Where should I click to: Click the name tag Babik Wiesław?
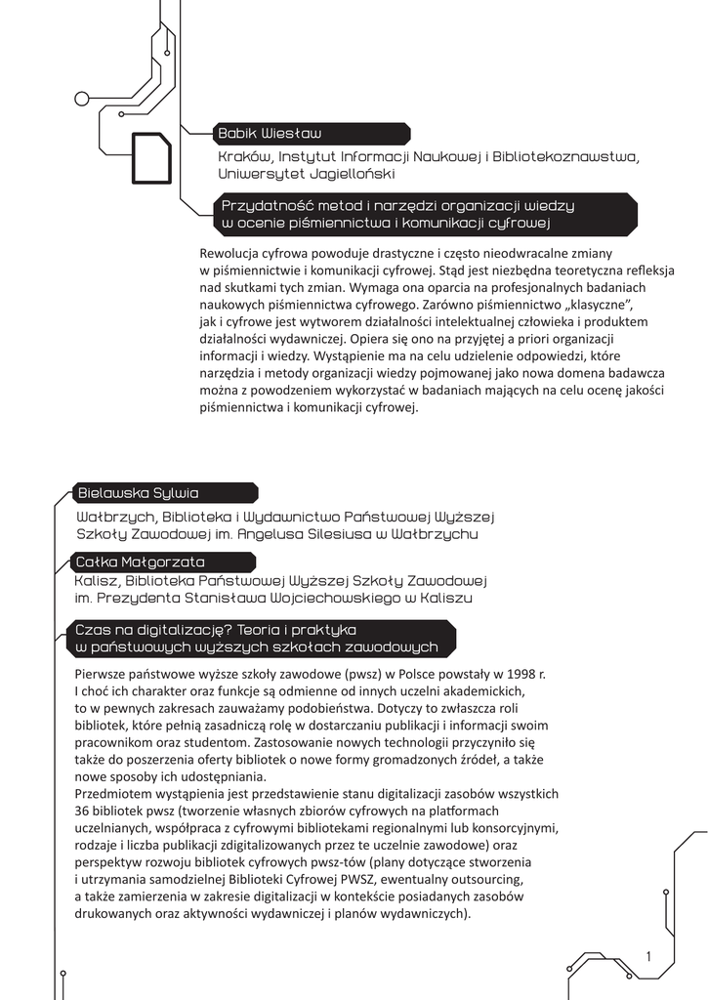point(270,133)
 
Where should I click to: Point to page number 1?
point(648,956)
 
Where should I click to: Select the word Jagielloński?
point(353,173)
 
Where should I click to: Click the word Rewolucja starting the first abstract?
point(229,255)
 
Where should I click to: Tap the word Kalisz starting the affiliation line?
point(95,580)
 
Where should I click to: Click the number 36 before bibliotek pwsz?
point(83,812)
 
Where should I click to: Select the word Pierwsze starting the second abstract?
point(101,675)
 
